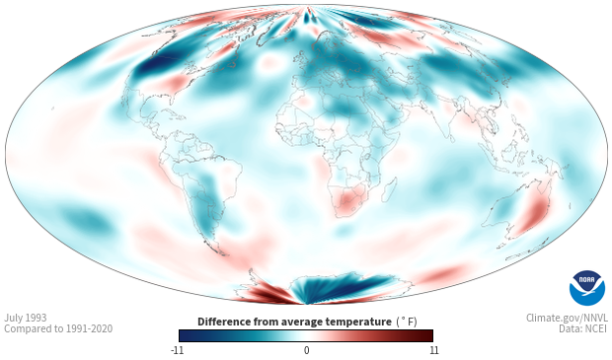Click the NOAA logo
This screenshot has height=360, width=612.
587,288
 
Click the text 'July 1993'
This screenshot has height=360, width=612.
26,318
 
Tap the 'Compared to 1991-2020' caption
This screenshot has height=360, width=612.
58,328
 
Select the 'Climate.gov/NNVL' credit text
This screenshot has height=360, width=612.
568,318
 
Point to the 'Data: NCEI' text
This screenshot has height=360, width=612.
583,328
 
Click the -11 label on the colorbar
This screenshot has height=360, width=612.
177,350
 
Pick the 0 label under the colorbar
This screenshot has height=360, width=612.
306,350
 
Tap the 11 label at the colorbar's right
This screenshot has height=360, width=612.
433,350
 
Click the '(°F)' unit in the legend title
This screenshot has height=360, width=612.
407,323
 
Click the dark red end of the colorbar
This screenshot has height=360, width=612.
427,335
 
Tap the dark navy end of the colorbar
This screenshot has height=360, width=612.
186,335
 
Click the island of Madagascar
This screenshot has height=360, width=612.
389,189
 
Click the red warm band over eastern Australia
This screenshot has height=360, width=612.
533,214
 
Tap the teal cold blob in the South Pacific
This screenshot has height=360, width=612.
85,220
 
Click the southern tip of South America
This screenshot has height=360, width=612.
223,254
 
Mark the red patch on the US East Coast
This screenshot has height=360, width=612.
175,82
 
